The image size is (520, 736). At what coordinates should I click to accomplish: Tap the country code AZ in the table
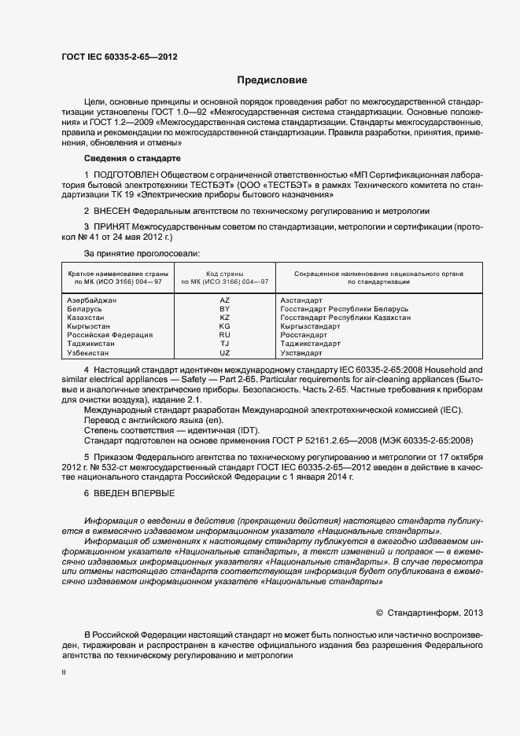pos(224,300)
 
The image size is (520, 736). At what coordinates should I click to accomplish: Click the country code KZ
pos(224,318)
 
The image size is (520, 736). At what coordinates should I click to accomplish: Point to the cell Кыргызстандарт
pos(310,326)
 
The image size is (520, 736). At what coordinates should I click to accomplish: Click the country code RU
pos(224,335)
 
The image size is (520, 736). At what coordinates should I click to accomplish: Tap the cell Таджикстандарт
pos(310,344)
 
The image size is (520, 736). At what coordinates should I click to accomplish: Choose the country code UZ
pos(224,353)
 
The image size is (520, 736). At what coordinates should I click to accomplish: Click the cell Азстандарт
pos(301,300)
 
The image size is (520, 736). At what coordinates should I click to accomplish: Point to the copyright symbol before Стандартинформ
pos(379,612)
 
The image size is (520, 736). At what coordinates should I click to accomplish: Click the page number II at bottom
pos(65,673)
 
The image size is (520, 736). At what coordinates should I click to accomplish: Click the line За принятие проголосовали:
pos(142,253)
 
